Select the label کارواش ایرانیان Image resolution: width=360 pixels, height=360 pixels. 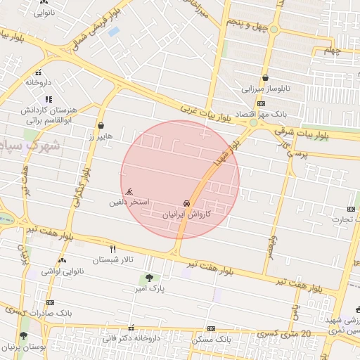point(186,213)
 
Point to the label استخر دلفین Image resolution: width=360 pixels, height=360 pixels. point(129,202)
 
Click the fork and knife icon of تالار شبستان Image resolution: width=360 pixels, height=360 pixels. point(112,249)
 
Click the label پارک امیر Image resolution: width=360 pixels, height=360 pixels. point(149,288)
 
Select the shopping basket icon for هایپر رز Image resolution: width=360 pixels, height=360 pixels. point(102,127)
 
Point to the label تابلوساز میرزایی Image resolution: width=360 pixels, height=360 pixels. point(266,89)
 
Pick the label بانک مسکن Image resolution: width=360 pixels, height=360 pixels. point(211,340)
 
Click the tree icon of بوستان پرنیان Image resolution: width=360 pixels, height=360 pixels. point(24,336)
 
